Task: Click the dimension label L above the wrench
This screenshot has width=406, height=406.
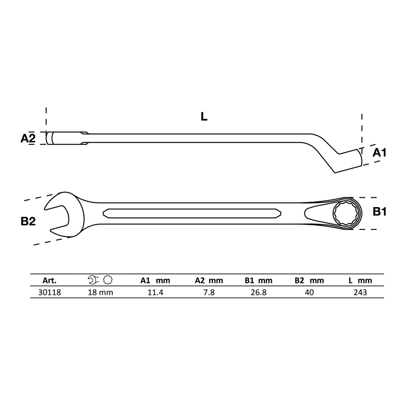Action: (204, 117)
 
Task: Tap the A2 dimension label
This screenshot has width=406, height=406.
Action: (28, 138)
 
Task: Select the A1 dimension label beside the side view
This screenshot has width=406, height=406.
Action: (379, 153)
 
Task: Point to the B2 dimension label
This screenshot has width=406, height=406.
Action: (28, 221)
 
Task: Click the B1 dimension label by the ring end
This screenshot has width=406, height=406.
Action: (379, 212)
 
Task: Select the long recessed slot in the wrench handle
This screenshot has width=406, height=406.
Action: (192, 213)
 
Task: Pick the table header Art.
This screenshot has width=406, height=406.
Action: (49, 281)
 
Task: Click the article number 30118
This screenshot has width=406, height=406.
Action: (49, 292)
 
